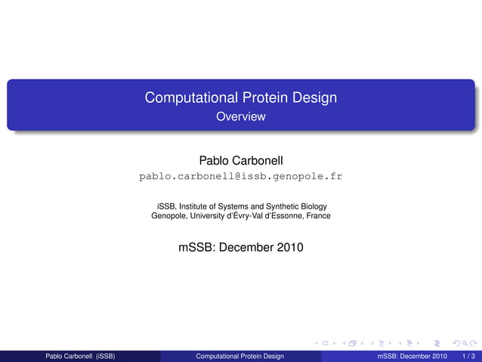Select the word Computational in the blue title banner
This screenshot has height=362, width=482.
191,98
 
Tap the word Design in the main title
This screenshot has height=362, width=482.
314,98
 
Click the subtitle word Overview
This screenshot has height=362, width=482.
241,116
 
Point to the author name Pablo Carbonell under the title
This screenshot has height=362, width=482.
241,160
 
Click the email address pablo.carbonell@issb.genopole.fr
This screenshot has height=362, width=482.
241,176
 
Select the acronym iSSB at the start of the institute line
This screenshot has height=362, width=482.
165,206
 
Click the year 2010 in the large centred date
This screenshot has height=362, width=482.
289,246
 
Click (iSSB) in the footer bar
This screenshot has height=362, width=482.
106,356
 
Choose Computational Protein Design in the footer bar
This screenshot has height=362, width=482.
240,356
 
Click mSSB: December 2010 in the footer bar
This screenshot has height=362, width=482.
412,356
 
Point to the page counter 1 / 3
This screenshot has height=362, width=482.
468,356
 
